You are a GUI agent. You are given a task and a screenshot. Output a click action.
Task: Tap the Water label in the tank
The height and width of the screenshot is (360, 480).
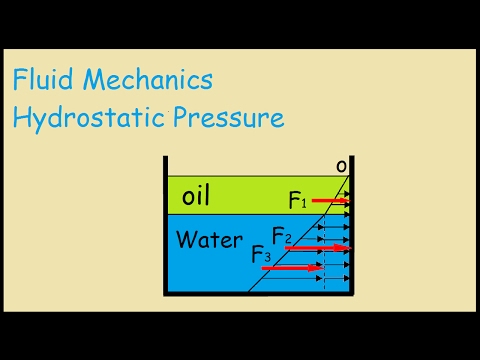click(x=209, y=240)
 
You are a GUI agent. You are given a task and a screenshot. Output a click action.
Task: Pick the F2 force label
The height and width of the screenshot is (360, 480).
click(x=282, y=238)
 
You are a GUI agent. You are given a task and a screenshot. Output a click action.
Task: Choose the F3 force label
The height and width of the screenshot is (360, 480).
click(x=261, y=255)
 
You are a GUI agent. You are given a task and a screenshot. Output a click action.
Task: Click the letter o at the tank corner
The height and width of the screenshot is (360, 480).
click(x=341, y=165)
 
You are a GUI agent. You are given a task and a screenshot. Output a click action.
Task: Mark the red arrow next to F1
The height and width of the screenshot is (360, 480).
click(x=331, y=201)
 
